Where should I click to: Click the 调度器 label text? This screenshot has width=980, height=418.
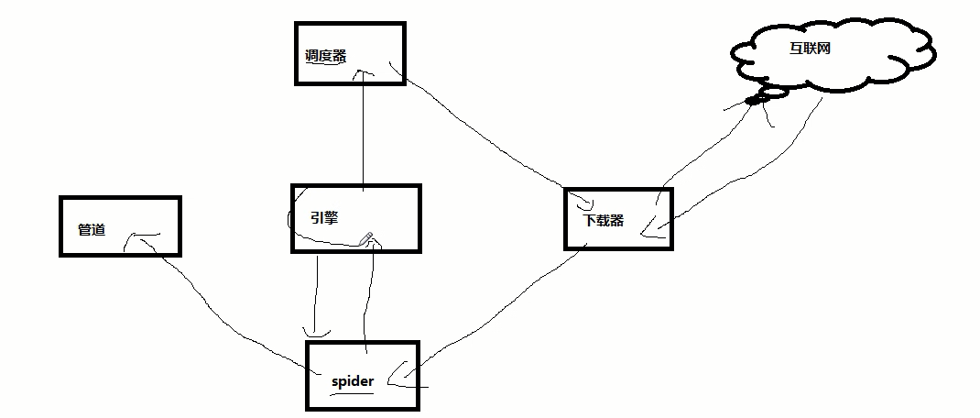[325, 55]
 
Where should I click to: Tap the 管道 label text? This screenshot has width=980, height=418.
[91, 229]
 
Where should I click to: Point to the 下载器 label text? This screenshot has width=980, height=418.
[604, 220]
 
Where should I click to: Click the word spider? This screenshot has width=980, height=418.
[353, 379]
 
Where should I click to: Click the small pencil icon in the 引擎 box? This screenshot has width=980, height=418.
[367, 239]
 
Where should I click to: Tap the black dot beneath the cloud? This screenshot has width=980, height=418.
[753, 100]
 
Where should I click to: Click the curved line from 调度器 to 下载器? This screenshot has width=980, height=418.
[485, 137]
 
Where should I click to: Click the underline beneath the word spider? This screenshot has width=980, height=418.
[353, 393]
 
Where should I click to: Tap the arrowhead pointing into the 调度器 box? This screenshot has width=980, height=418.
[365, 74]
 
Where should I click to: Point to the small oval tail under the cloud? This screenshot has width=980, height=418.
[774, 93]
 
